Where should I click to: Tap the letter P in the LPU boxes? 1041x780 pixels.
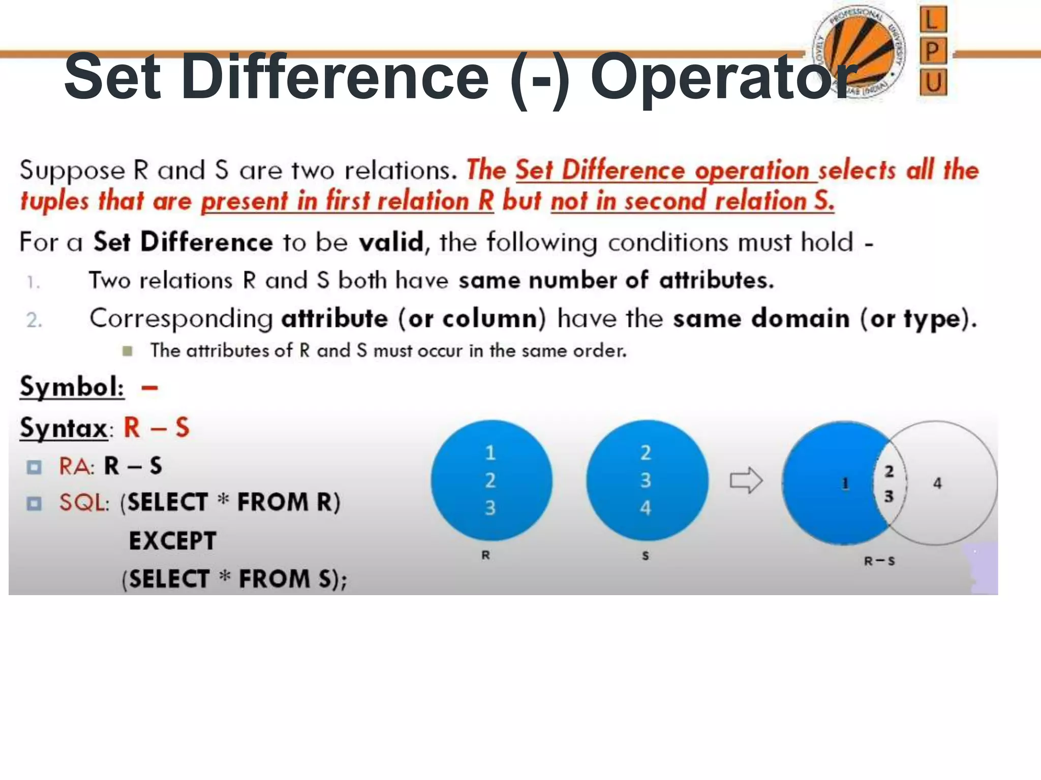click(933, 51)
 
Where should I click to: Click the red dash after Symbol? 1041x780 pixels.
click(149, 388)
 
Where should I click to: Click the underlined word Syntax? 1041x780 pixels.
click(64, 428)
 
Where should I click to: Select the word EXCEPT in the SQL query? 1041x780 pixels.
click(173, 541)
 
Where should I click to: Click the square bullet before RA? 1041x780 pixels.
click(34, 467)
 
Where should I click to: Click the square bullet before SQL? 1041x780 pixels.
click(34, 503)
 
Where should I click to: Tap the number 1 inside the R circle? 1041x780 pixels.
click(490, 453)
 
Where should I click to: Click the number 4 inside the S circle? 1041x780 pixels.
click(646, 508)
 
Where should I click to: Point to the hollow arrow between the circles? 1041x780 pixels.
click(746, 480)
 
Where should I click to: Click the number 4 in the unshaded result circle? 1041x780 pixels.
click(937, 483)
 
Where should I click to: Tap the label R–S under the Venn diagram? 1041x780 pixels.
click(879, 561)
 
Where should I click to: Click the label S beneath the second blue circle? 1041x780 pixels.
click(646, 556)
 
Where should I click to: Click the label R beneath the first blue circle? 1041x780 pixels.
click(486, 556)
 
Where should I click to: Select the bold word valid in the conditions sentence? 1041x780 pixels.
click(390, 242)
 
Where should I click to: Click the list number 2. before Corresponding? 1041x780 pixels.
click(34, 320)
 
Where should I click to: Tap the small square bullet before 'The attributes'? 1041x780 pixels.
click(128, 351)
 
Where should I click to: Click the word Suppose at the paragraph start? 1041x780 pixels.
click(72, 171)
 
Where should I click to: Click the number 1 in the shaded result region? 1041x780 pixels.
click(845, 483)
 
